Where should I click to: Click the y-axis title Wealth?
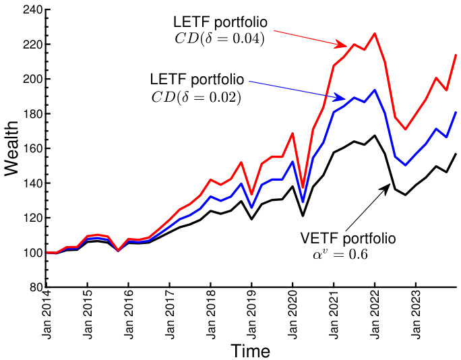[x=13, y=149]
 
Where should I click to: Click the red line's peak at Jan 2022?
[x=375, y=33]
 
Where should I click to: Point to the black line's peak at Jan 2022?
[x=375, y=136]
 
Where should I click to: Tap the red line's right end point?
[x=456, y=55]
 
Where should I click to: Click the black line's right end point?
[x=456, y=154]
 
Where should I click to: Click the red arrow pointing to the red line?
[x=311, y=38]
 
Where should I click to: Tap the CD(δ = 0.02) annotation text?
[x=196, y=96]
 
